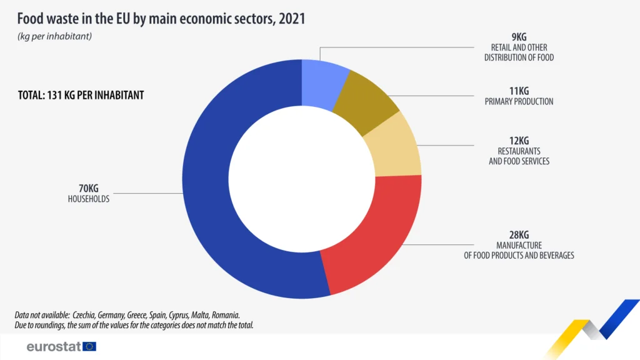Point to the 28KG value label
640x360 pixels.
pos(519,234)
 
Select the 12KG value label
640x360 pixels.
pos(519,141)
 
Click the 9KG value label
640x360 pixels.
pos(519,37)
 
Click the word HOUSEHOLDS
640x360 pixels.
pos(89,199)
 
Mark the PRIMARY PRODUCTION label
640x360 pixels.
pos(519,101)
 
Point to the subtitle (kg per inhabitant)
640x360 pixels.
pos(54,36)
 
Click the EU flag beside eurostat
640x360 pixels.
pos(89,346)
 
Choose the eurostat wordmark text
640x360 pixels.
pos(53,346)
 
